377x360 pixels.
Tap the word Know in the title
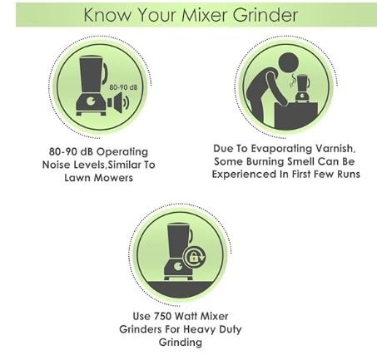[107, 16]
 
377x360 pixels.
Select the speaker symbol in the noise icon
[116, 101]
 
